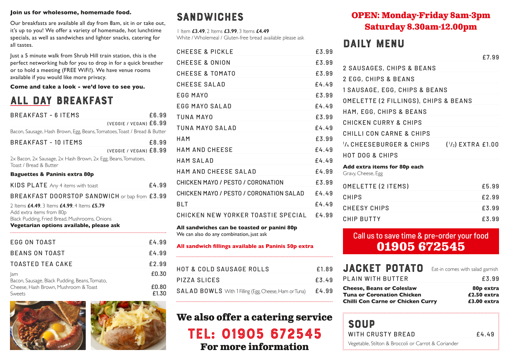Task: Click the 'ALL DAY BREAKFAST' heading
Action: [x=62, y=101]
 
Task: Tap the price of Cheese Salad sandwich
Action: [x=324, y=84]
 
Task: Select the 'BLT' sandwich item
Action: [x=182, y=204]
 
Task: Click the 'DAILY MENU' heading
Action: [x=373, y=44]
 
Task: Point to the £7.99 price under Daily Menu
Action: [x=490, y=57]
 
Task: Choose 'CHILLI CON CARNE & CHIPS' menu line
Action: [x=387, y=133]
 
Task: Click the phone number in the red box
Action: [x=421, y=247]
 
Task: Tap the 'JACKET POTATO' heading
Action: [x=383, y=268]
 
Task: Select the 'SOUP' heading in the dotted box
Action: [x=362, y=324]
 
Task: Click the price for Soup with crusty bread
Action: [x=485, y=334]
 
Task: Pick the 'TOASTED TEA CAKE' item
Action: [x=41, y=264]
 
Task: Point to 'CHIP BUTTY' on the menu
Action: [x=362, y=219]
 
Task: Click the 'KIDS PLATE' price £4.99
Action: [x=157, y=185]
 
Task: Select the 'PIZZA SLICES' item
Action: [x=198, y=280]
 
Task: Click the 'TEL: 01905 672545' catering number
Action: [x=254, y=334]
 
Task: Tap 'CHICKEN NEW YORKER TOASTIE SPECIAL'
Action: [x=241, y=215]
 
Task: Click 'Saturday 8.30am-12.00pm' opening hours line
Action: [x=421, y=27]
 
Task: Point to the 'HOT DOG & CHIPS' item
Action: [x=370, y=155]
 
